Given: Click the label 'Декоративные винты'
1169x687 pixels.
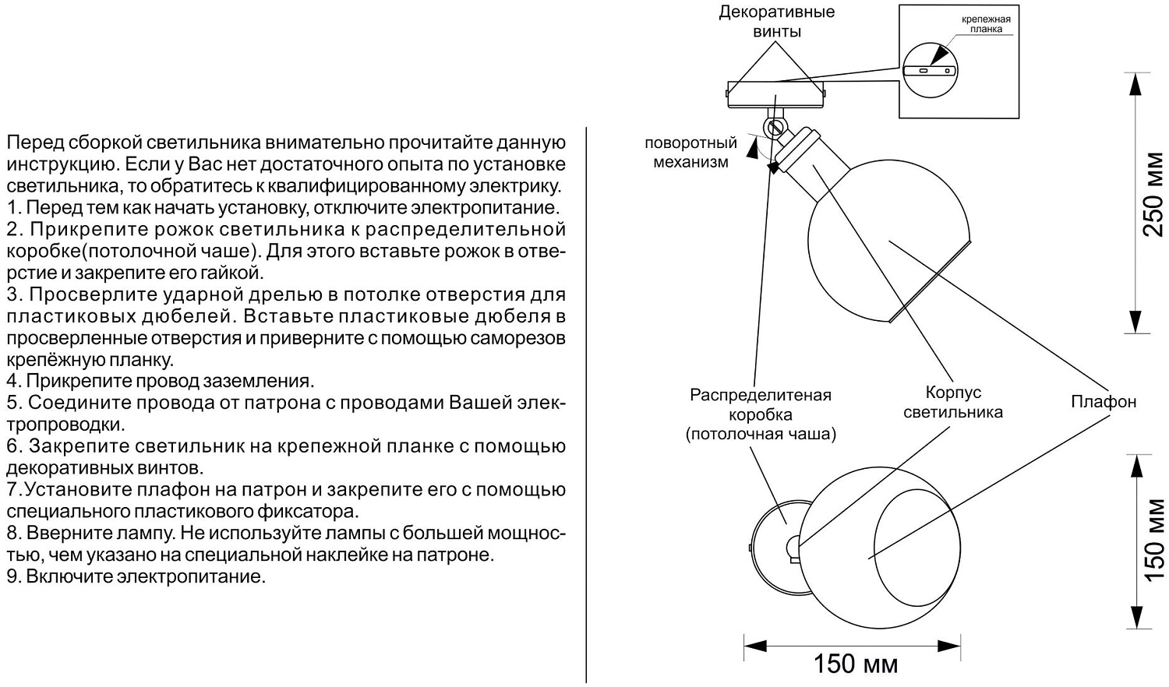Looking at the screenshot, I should (776, 22).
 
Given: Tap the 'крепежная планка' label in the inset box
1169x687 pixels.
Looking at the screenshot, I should (980, 23).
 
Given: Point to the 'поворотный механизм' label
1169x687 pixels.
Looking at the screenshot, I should (690, 153).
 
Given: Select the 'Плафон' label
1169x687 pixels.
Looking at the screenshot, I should (1103, 402).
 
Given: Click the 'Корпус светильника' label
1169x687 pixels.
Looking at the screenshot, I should (952, 402).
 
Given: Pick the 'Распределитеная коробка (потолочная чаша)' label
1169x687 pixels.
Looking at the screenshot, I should (761, 414).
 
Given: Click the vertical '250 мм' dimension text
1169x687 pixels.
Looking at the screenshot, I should (1153, 196).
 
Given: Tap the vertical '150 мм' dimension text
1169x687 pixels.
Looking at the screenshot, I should (1153, 540).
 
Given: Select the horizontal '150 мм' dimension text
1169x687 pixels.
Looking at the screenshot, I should (856, 664).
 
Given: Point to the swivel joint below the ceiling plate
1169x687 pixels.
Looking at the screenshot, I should (775, 126).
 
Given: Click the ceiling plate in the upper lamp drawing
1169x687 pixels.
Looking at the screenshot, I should (775, 93).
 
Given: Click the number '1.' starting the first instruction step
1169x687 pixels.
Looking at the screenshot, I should (12, 209).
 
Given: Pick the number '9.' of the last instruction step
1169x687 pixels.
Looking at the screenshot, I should (13, 577).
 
